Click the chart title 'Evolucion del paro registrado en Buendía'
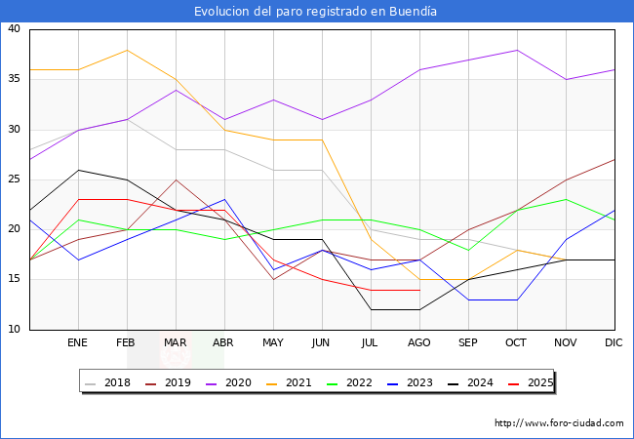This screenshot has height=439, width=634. click(x=316, y=12)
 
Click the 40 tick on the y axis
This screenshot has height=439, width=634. click(x=15, y=29)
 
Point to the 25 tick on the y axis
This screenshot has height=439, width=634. click(x=15, y=180)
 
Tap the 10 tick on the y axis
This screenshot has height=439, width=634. click(x=15, y=330)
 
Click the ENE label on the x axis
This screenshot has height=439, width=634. click(x=78, y=343)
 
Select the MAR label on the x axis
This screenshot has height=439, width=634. click(x=176, y=343)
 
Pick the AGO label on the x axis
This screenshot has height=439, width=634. click(x=419, y=343)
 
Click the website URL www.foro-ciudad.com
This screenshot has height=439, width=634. click(x=559, y=423)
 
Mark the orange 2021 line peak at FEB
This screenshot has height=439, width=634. click(x=127, y=50)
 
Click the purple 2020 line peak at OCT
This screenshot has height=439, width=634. click(x=517, y=50)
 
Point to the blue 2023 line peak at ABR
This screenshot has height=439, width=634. click(x=224, y=199)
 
